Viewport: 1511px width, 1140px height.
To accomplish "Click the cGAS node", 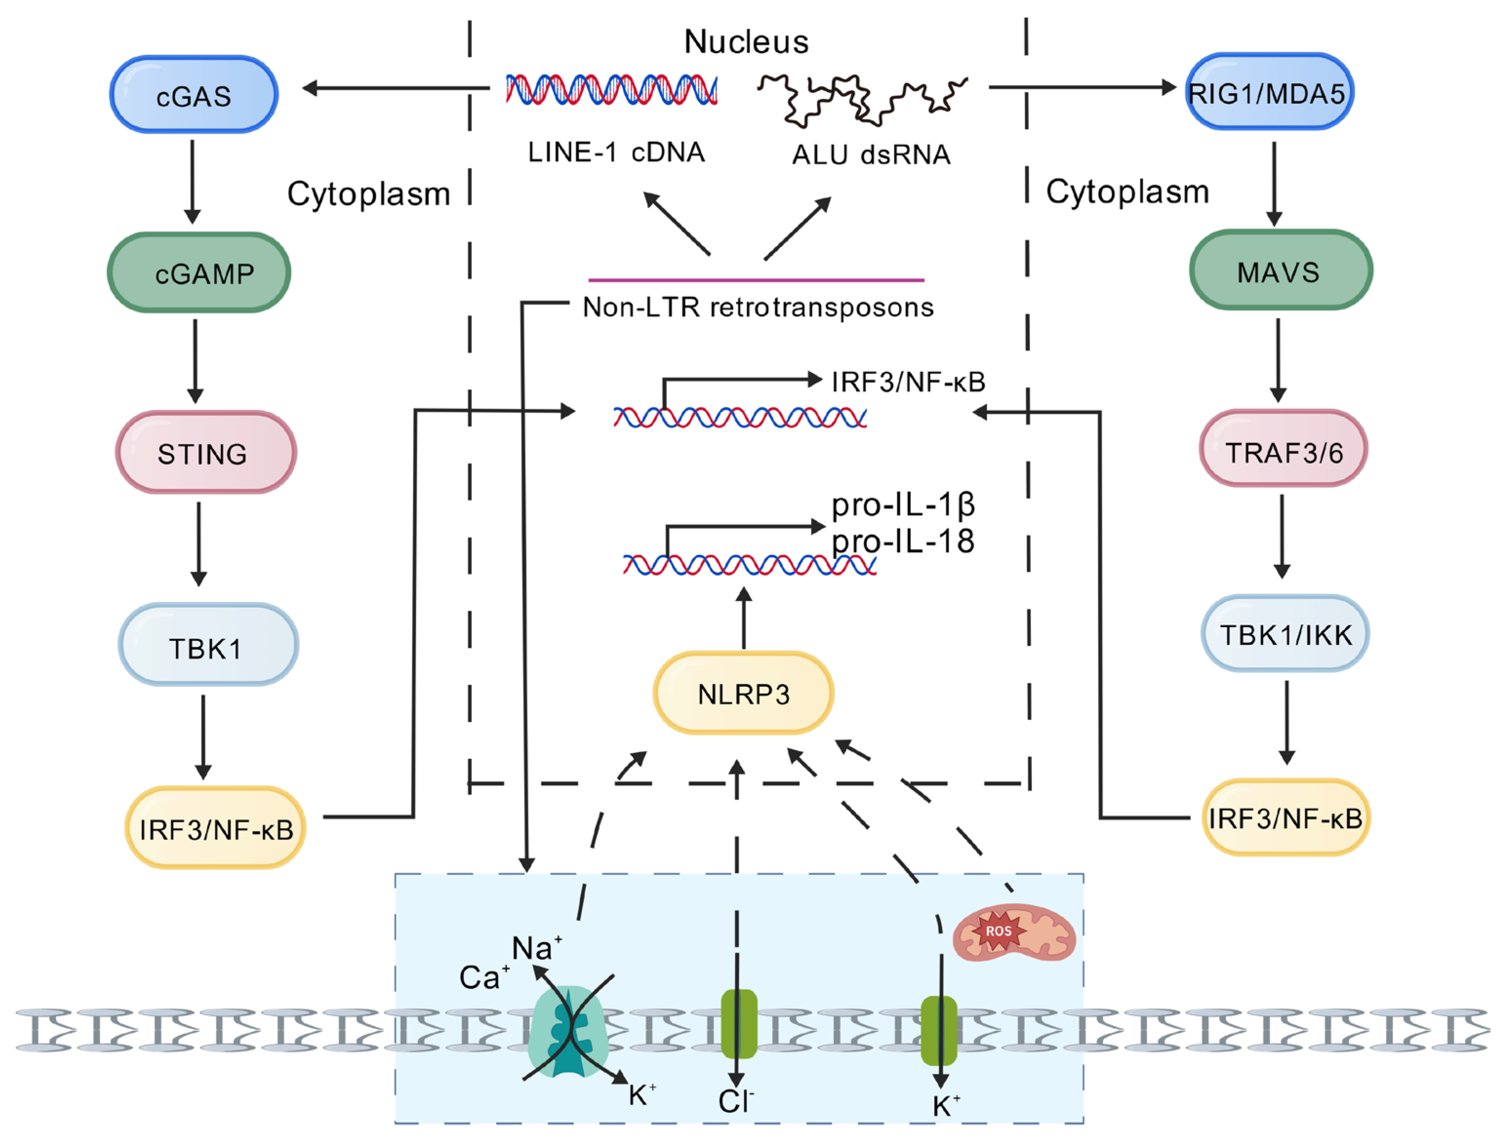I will coord(194,95).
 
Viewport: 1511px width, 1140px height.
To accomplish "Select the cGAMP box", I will coord(199,273).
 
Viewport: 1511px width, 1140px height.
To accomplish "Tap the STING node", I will coord(205,453).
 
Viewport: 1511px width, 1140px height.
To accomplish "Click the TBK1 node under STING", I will coord(208,645).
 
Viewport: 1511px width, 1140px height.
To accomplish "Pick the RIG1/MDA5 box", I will coord(1269,92).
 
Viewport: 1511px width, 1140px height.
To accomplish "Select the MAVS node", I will coord(1281,270).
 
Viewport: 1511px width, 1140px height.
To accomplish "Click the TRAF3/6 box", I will coord(1284,449).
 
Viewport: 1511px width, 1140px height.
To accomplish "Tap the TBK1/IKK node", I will coord(1285,634).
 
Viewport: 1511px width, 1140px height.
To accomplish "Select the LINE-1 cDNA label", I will coord(616,152).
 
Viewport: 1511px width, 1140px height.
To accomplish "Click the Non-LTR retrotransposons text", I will coord(758,307).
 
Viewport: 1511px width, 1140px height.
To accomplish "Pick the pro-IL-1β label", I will coord(903,505).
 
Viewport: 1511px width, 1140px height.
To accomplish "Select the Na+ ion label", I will coord(537,948).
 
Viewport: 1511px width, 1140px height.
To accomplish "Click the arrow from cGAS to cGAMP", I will coord(193,181).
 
